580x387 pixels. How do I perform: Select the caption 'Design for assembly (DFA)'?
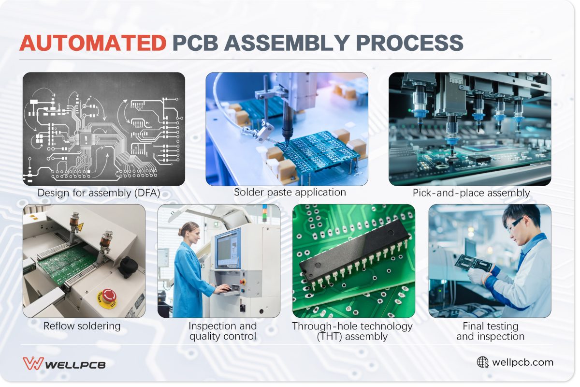pyautogui.click(x=99, y=193)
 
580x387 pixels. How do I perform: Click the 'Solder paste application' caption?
pyautogui.click(x=290, y=192)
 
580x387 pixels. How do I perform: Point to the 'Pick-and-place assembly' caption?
pyautogui.click(x=471, y=193)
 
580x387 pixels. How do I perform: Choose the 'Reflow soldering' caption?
pyautogui.click(x=82, y=326)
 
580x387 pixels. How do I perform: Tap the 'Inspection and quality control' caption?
pyautogui.click(x=222, y=331)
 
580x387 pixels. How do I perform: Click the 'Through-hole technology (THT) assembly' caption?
pyautogui.click(x=352, y=331)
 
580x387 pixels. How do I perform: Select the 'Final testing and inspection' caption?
pyautogui.click(x=490, y=331)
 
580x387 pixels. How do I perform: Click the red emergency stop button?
pyautogui.click(x=107, y=296)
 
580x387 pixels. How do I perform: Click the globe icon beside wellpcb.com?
pyautogui.click(x=482, y=362)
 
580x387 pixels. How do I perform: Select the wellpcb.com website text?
pyautogui.click(x=522, y=362)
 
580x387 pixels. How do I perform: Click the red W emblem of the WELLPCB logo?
pyautogui.click(x=33, y=363)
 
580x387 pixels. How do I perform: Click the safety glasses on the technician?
pyautogui.click(x=515, y=223)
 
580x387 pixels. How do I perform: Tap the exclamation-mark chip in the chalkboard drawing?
pyautogui.click(x=87, y=139)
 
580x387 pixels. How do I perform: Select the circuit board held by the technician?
pyautogui.click(x=474, y=263)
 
